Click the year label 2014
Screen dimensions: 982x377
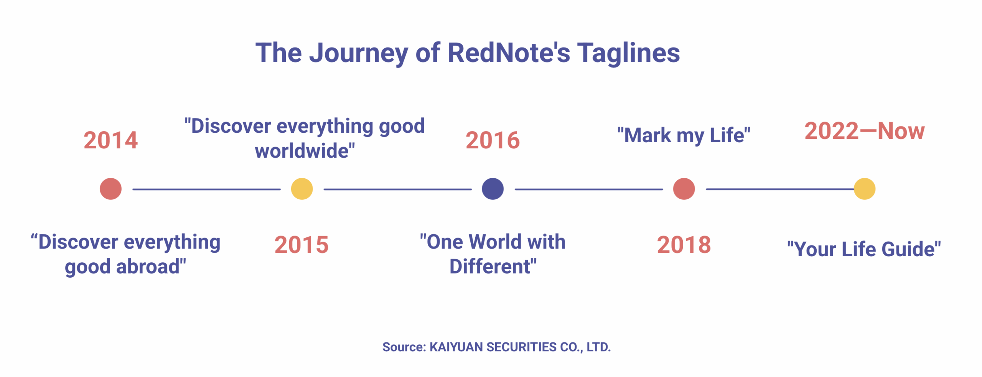[110, 140]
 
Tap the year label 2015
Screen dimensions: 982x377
[302, 245]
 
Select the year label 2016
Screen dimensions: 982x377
[493, 140]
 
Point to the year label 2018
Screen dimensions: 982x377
[684, 245]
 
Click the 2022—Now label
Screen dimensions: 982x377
[865, 131]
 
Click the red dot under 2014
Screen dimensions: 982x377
[110, 189]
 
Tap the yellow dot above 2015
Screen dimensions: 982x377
[302, 189]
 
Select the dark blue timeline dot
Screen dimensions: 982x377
[493, 189]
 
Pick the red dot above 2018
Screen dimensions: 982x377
[684, 189]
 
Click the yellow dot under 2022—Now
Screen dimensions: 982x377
[865, 189]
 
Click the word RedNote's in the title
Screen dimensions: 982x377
[509, 53]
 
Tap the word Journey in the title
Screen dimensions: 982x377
[359, 54]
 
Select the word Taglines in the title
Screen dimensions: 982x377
[629, 53]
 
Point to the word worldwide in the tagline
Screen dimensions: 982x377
[302, 150]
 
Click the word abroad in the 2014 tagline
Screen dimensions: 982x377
[148, 266]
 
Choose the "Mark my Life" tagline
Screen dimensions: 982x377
[684, 135]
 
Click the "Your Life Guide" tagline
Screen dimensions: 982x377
[864, 249]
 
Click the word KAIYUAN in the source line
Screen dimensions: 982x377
[456, 347]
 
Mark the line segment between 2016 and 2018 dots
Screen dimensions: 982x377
[589, 189]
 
